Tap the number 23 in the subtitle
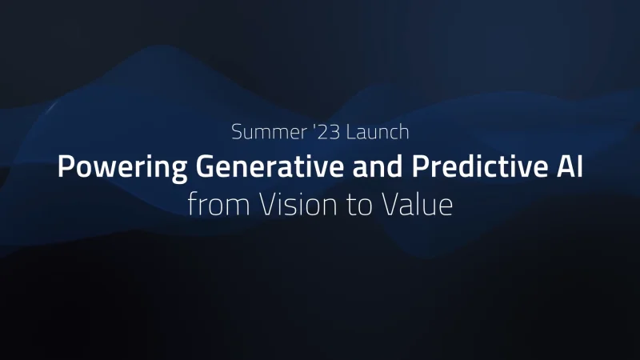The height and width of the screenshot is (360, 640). (x=329, y=132)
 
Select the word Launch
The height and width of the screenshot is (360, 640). (x=378, y=132)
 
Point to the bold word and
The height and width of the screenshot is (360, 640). (x=378, y=166)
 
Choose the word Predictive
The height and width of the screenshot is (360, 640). (x=479, y=166)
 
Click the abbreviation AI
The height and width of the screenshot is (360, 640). (x=570, y=166)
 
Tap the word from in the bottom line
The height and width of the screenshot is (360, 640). (x=218, y=204)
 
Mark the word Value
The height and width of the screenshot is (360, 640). (x=418, y=204)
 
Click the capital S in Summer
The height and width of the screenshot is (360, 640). (x=237, y=132)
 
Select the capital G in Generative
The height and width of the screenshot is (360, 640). (x=205, y=166)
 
